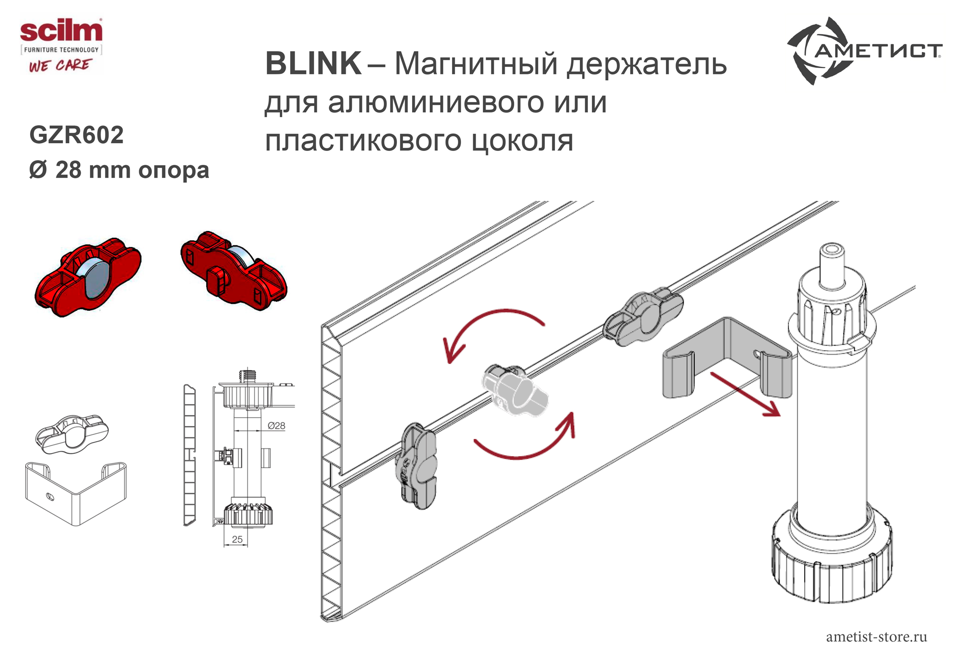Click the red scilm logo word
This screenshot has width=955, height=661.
[61, 31]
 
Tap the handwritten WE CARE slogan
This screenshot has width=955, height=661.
[60, 65]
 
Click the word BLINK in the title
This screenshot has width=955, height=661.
[313, 63]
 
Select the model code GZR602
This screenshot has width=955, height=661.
[76, 135]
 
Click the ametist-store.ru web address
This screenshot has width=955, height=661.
[877, 637]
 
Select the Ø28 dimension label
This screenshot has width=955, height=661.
[276, 426]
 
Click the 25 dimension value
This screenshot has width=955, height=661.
[237, 539]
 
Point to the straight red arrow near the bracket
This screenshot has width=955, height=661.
[745, 394]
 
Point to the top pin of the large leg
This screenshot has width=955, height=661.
[832, 265]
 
